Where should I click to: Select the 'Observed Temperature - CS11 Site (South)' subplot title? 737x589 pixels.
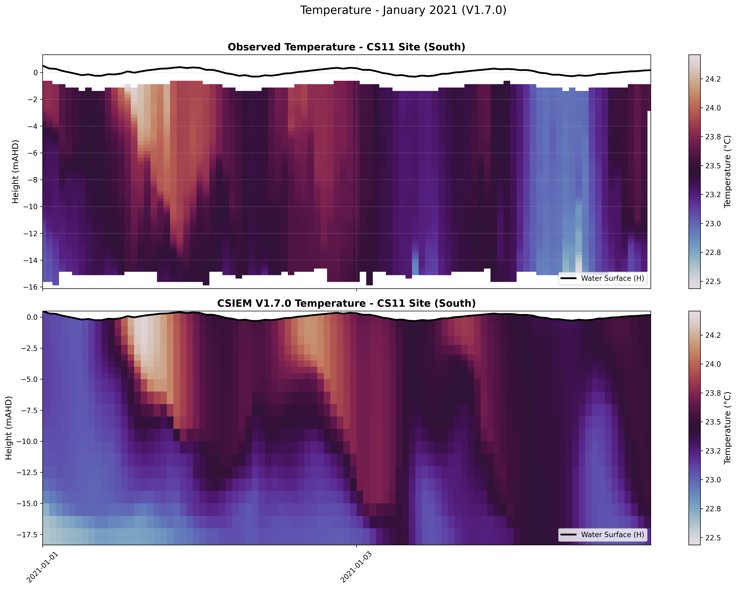click(346, 47)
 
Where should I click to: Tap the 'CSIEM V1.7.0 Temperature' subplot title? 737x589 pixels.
click(346, 303)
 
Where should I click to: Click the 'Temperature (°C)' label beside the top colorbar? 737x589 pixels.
click(728, 172)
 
